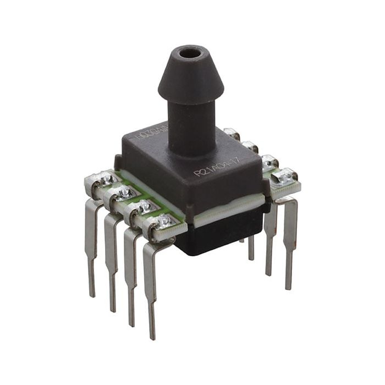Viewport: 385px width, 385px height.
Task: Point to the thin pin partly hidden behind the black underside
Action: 251,248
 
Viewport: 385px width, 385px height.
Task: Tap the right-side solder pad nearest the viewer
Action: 284,177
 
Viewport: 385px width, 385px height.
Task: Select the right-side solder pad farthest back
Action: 232,134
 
